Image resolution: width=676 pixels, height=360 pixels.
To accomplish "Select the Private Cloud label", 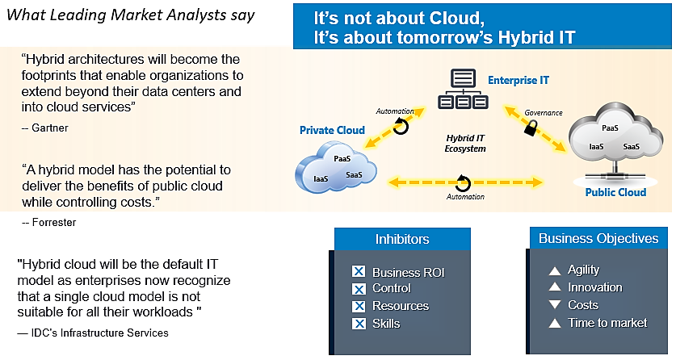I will pyautogui.click(x=332, y=130).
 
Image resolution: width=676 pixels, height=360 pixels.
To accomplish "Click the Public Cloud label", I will pyautogui.click(x=615, y=192).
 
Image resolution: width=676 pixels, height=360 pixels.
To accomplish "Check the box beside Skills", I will pyautogui.click(x=359, y=324).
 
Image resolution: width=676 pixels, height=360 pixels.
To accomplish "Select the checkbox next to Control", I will pyautogui.click(x=359, y=289).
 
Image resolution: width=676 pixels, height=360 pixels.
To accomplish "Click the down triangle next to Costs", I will pyautogui.click(x=554, y=305).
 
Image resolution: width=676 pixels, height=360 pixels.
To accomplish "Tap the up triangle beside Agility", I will pyautogui.click(x=554, y=270).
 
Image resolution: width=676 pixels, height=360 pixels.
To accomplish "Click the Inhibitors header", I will pyautogui.click(x=402, y=239).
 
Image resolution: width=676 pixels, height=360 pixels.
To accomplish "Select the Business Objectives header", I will pyautogui.click(x=598, y=238).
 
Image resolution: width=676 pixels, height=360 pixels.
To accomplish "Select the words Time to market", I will pyautogui.click(x=607, y=323).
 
